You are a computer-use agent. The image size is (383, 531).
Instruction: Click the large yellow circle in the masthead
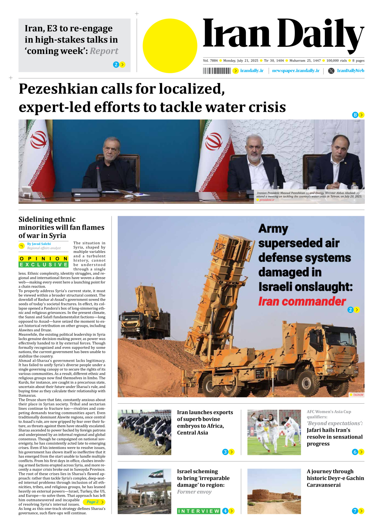point(170,46)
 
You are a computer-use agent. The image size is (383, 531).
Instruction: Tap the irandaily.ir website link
point(252,71)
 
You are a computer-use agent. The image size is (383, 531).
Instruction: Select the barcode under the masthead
point(217,71)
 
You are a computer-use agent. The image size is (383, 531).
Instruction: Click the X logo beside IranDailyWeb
point(331,71)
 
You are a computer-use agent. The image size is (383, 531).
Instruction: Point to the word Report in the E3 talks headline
point(104,51)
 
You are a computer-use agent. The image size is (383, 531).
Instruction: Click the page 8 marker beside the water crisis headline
point(355,115)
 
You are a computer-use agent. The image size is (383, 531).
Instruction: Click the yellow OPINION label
point(43,259)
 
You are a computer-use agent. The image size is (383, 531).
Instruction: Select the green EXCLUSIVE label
point(43,265)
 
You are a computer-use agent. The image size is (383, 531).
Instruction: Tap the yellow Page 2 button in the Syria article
point(94,502)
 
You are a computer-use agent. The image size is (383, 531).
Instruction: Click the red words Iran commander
point(302,302)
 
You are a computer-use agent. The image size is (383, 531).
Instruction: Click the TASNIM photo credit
point(358,395)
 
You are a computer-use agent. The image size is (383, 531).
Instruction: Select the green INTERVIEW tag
point(199,511)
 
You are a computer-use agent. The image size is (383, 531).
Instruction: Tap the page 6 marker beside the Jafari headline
point(355,452)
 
